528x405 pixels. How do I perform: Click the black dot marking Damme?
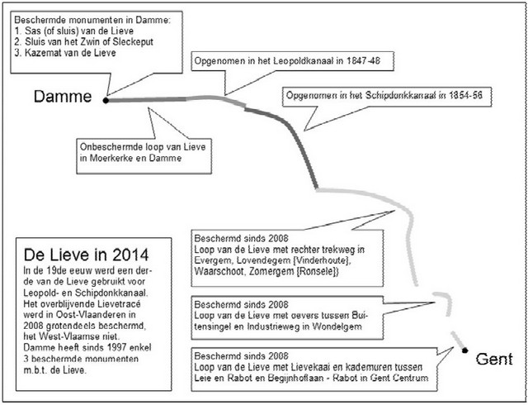coord(106,99)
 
